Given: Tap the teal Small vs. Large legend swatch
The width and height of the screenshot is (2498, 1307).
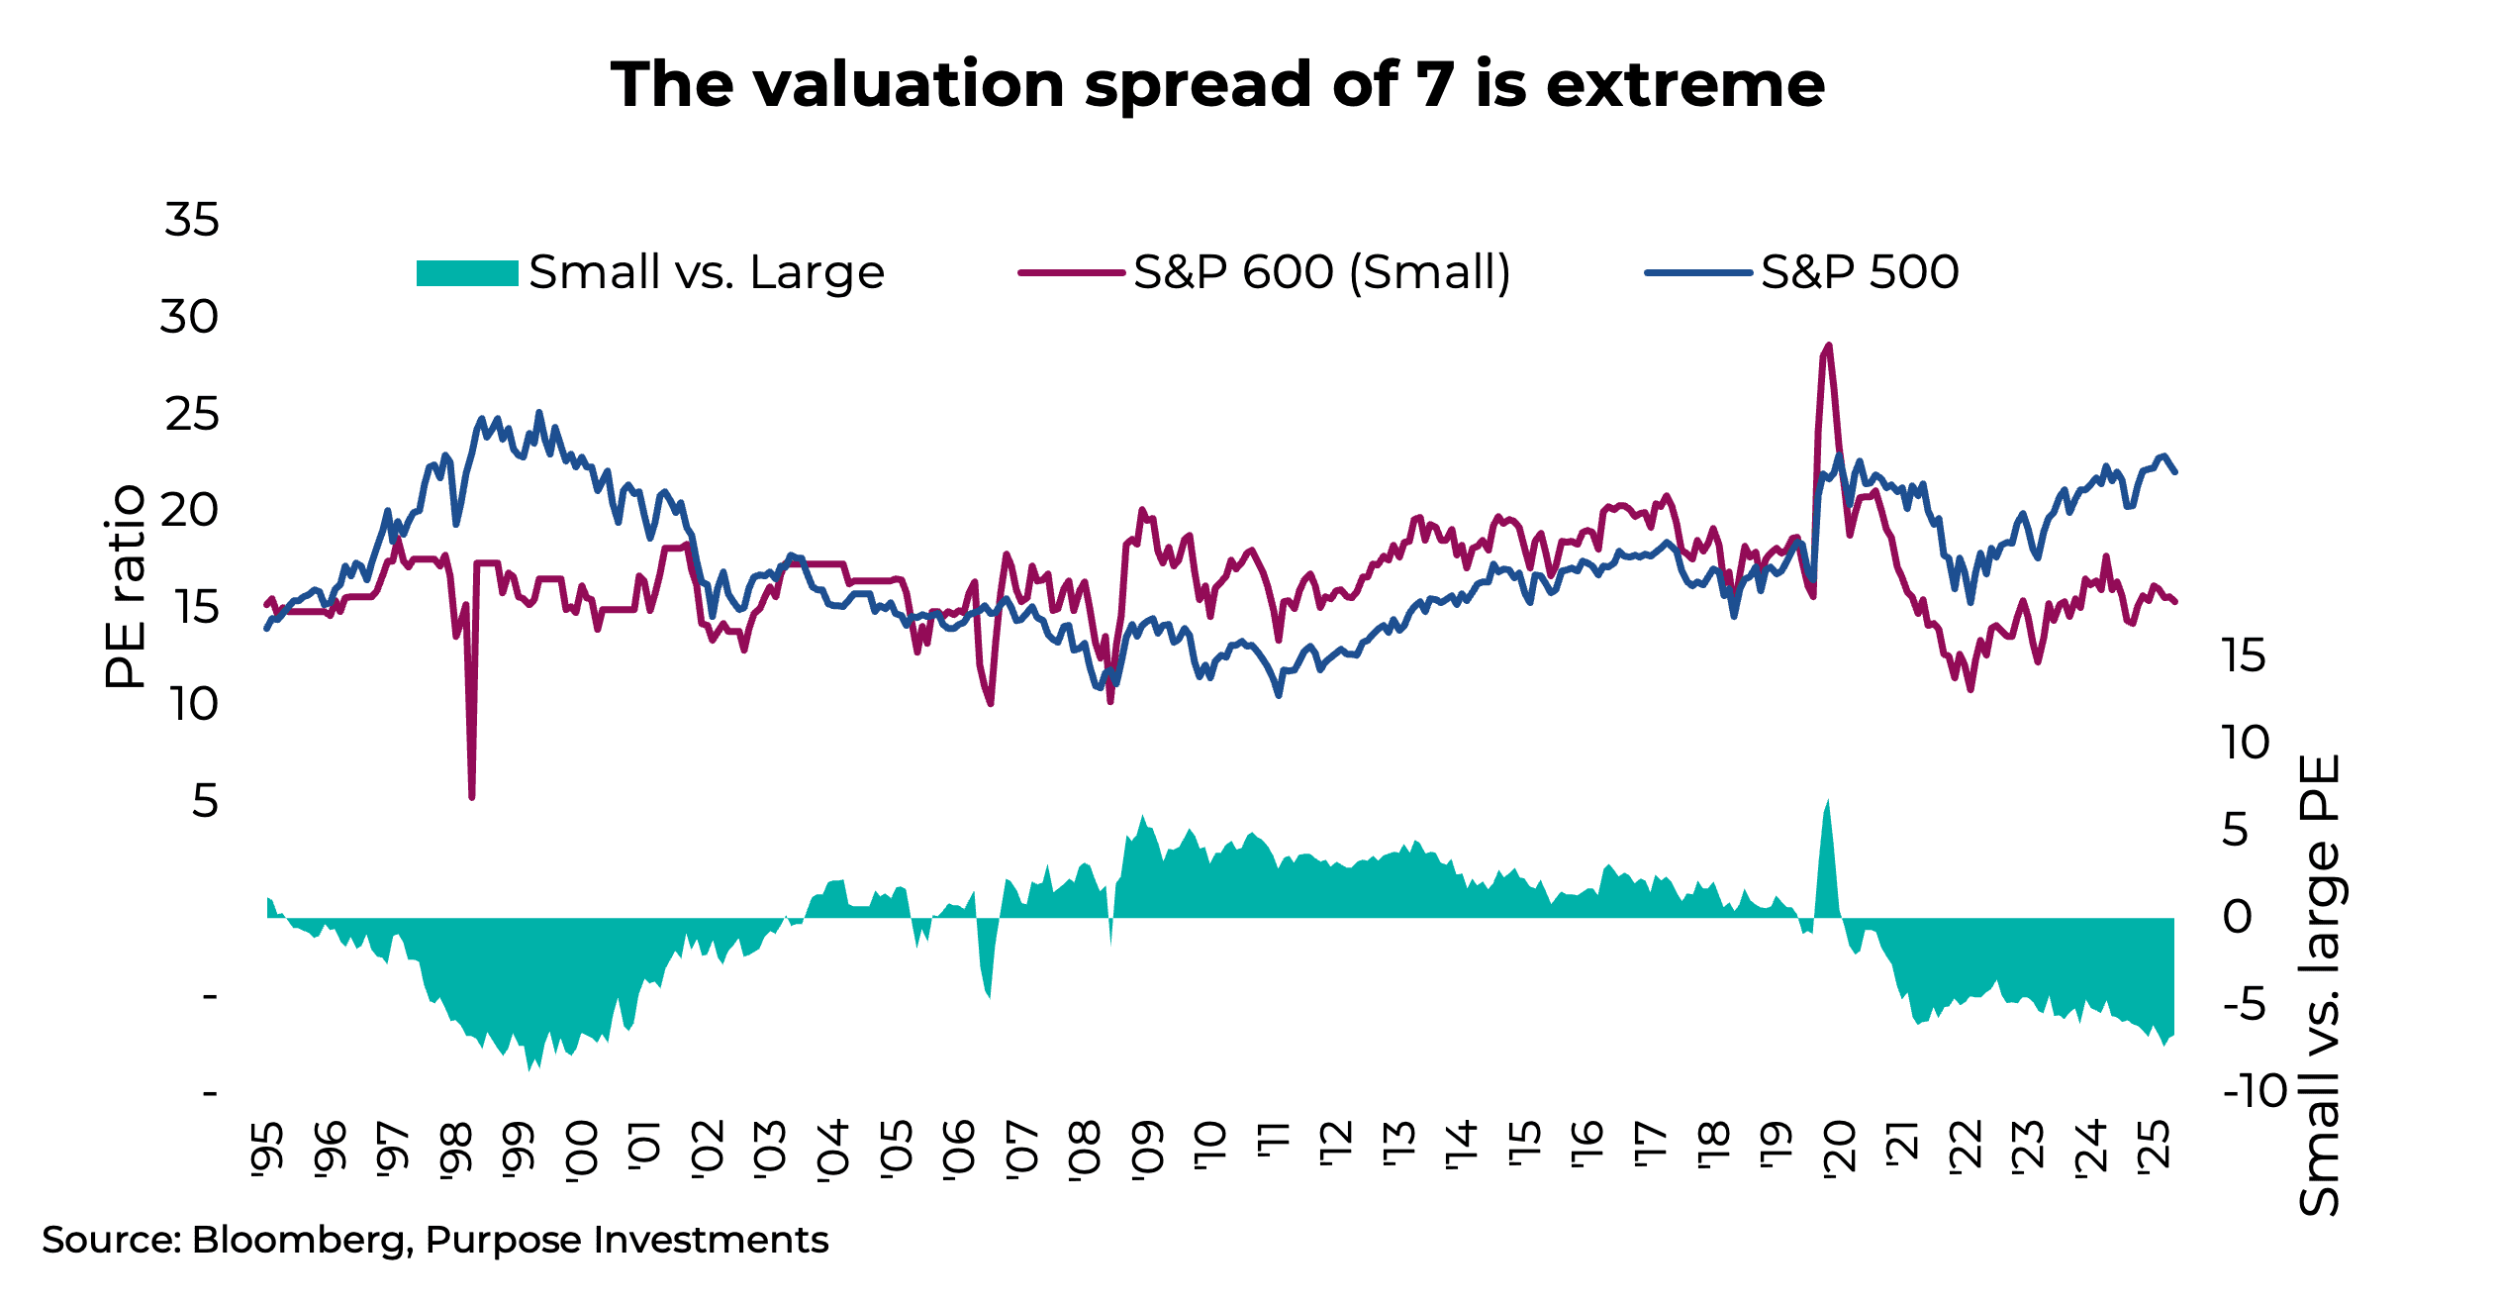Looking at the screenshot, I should pyautogui.click(x=467, y=272).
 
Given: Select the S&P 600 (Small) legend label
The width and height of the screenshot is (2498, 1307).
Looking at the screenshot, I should pyautogui.click(x=1321, y=272).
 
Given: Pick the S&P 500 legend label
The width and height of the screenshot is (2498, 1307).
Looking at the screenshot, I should pyautogui.click(x=1859, y=272).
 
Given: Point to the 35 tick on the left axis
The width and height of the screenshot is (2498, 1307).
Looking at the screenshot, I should pyautogui.click(x=192, y=220).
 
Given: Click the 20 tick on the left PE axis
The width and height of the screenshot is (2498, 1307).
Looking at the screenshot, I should pyautogui.click(x=189, y=511).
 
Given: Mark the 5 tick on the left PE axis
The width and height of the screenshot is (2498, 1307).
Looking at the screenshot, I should pyautogui.click(x=205, y=801).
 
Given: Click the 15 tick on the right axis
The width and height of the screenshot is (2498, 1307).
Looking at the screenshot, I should pyautogui.click(x=2243, y=655).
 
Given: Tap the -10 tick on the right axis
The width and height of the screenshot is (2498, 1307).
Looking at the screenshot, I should pyautogui.click(x=2255, y=1091).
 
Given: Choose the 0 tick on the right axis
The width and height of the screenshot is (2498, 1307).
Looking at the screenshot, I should pyautogui.click(x=2237, y=917).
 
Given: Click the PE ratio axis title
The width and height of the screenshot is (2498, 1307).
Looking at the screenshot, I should pyautogui.click(x=126, y=586).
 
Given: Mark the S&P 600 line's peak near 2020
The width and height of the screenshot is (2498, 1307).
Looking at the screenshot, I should pyautogui.click(x=1828, y=346).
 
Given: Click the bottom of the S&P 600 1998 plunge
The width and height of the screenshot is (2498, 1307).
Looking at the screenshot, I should pyautogui.click(x=472, y=796).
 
